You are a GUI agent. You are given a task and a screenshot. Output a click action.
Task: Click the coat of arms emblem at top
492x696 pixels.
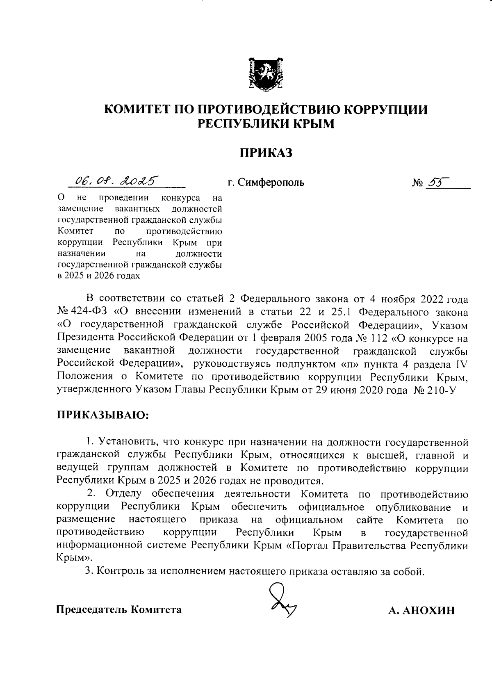[266, 74]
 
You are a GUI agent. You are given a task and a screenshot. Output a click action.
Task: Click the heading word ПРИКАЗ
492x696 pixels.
[266, 153]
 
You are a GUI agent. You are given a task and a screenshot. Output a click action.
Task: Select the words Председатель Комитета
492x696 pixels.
[119, 609]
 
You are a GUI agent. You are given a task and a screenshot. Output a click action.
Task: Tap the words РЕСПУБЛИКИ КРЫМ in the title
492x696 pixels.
[266, 123]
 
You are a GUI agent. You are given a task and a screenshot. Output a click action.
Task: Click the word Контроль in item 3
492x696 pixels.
[117, 571]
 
